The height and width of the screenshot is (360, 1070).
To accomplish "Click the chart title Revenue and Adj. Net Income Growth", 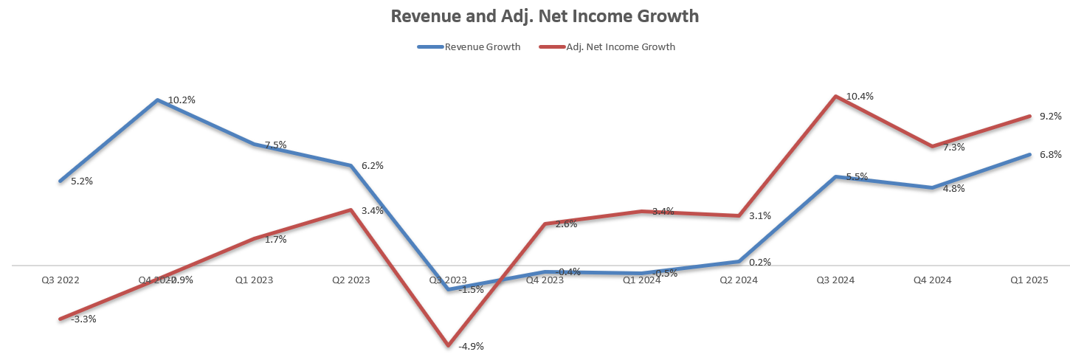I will pyautogui.click(x=545, y=15).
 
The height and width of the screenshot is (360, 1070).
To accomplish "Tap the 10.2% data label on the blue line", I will pyautogui.click(x=182, y=100).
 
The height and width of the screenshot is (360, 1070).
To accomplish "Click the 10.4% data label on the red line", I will pyautogui.click(x=860, y=97).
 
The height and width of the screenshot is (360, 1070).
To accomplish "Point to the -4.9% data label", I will pyautogui.click(x=471, y=346).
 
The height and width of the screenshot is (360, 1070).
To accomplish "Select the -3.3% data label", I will pyautogui.click(x=83, y=319).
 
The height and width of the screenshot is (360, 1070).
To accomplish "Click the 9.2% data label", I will pyautogui.click(x=1050, y=117).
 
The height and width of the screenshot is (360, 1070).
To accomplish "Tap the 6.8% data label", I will pyautogui.click(x=1050, y=155).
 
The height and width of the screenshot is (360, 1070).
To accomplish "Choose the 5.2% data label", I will pyautogui.click(x=82, y=181).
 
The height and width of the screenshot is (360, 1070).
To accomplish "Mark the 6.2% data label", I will pyautogui.click(x=373, y=166).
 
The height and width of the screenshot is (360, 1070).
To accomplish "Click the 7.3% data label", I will pyautogui.click(x=953, y=148).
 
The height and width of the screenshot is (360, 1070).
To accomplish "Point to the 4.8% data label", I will pyautogui.click(x=953, y=189).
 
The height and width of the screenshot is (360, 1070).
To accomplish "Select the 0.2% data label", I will pyautogui.click(x=760, y=262).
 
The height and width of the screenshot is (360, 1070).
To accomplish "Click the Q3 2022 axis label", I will pyautogui.click(x=61, y=280).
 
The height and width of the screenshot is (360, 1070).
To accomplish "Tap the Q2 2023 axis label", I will pyautogui.click(x=351, y=280).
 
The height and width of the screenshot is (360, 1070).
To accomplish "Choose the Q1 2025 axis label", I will pyautogui.click(x=1029, y=280).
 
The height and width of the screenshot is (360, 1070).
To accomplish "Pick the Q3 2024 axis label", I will pyautogui.click(x=835, y=280).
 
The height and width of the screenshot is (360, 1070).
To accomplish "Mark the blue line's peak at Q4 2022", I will pyautogui.click(x=157, y=100).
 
